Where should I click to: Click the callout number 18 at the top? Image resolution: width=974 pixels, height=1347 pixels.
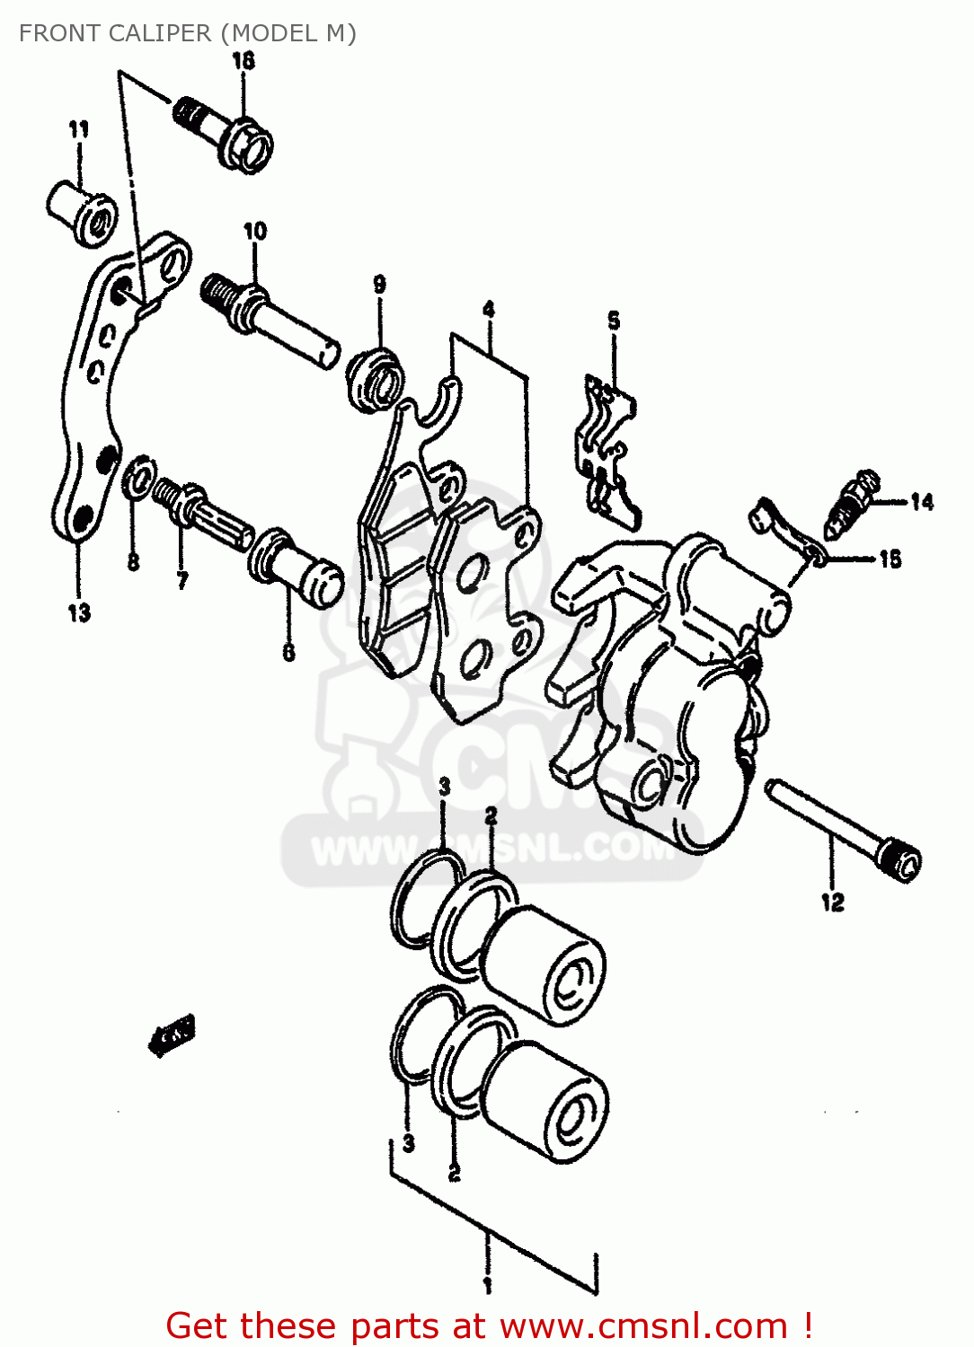(x=243, y=61)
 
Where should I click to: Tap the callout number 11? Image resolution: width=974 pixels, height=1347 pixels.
(x=79, y=129)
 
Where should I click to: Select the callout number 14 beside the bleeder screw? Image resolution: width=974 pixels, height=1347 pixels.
(x=922, y=502)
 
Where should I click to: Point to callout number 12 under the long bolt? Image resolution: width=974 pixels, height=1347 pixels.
(x=833, y=902)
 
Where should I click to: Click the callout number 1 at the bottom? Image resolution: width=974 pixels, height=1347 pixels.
(x=487, y=1286)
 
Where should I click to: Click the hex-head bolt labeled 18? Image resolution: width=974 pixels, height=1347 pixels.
(x=225, y=133)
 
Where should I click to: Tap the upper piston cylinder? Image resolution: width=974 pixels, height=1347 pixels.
(x=545, y=963)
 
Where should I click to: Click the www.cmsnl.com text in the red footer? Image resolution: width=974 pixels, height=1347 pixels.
(x=643, y=1325)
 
